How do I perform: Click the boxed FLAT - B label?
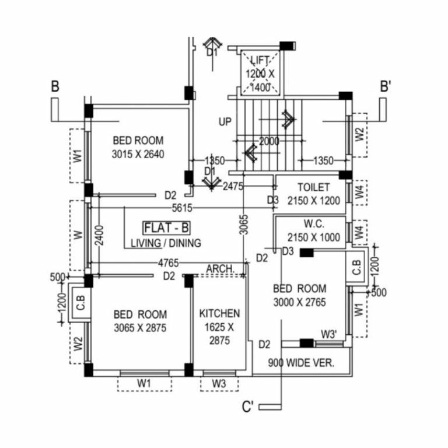pos(167,228)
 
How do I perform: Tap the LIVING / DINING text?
pos(166,243)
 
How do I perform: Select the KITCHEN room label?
pos(219,314)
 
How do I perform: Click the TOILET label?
pos(314,187)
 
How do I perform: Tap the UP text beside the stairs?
pos(225,123)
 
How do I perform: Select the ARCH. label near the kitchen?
pos(220,268)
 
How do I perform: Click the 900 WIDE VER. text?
pos(301,362)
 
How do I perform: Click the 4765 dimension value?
pos(168,263)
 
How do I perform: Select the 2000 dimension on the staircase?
pos(269,141)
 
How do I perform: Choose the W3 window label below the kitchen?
pos(219,383)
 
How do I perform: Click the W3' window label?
pos(329,334)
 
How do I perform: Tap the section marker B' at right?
pos(385,87)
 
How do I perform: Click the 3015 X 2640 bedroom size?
pos(139,155)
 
